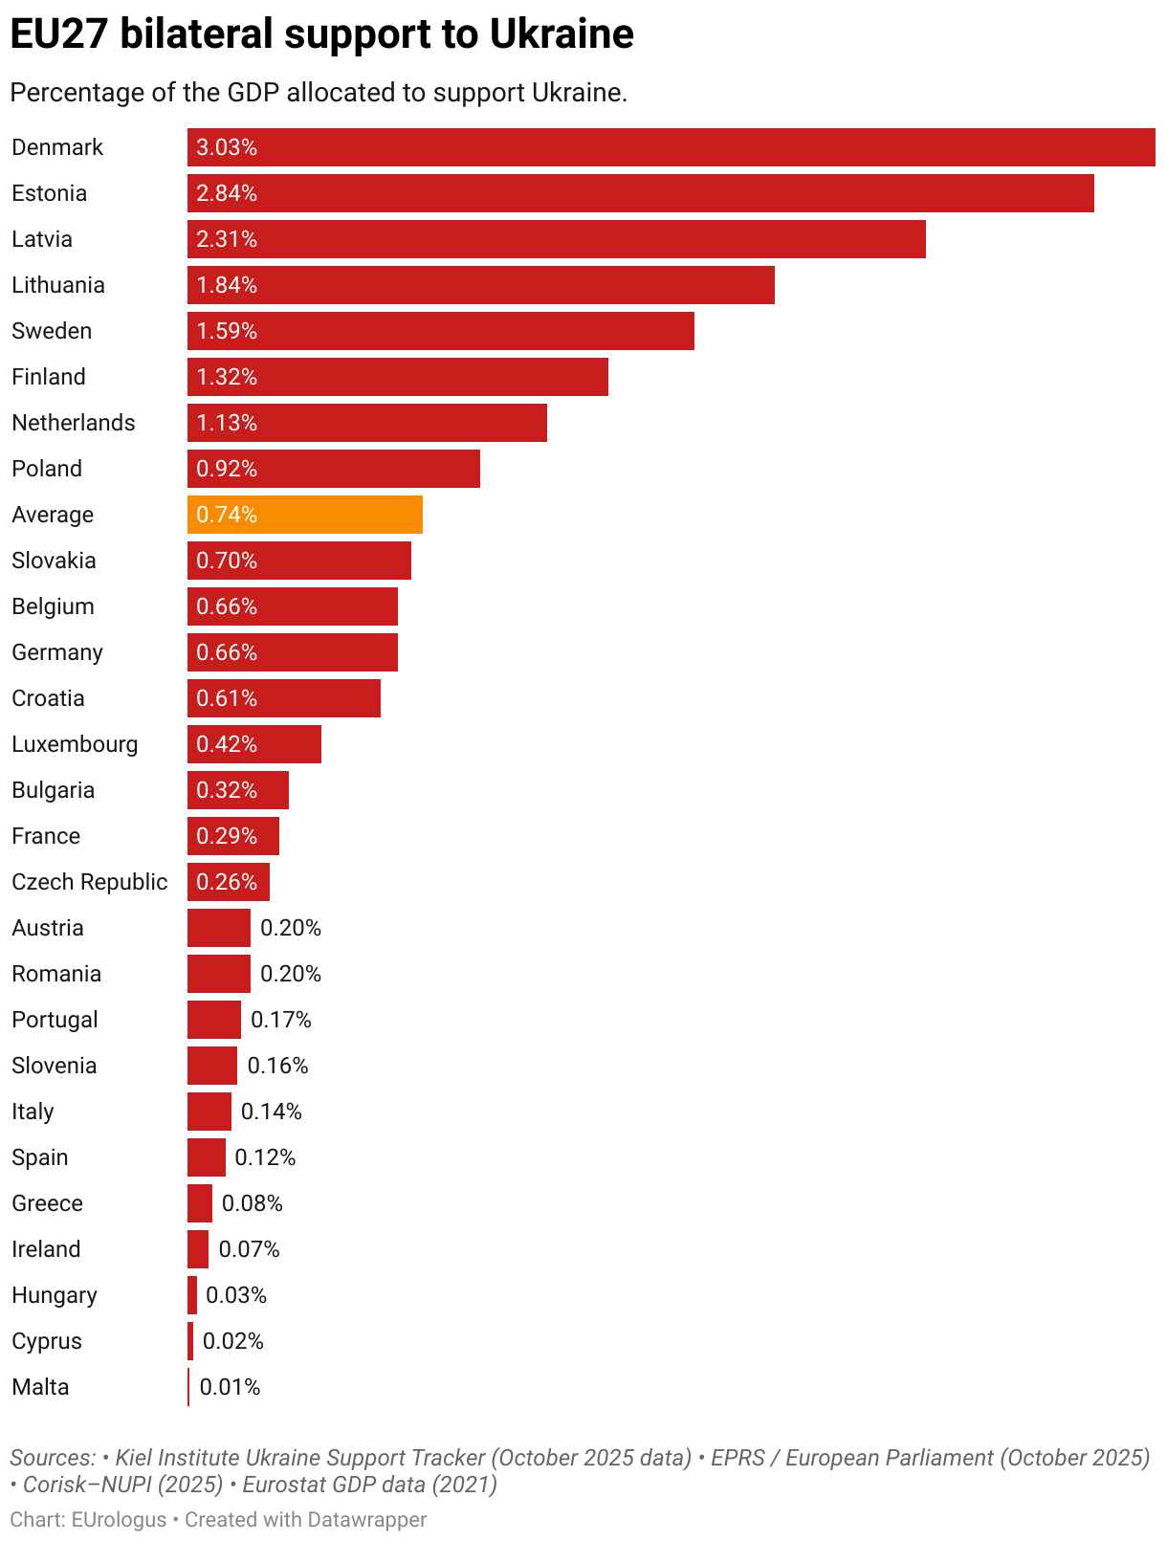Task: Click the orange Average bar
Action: pos(304,515)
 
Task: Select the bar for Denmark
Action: pos(670,147)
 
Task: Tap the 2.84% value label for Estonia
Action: pos(227,193)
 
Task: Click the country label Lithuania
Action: pos(58,285)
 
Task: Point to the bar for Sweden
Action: pos(440,331)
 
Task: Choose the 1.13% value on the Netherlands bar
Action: pos(227,423)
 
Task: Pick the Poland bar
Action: pos(333,469)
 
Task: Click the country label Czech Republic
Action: pos(89,882)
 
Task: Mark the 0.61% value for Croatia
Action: pos(227,698)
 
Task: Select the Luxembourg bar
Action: pos(253,744)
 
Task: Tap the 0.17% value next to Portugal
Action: pos(281,1020)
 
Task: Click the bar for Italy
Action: pos(209,1112)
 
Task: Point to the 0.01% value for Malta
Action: pos(230,1387)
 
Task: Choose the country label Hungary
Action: pos(55,1295)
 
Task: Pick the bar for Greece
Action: pos(199,1203)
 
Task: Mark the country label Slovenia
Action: pos(55,1066)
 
